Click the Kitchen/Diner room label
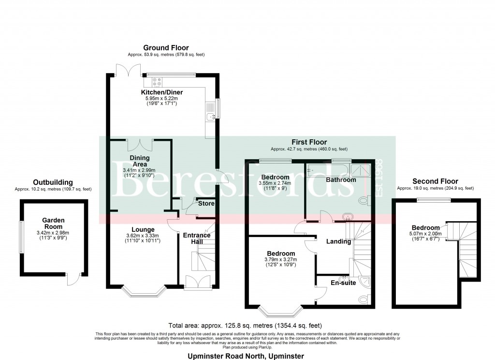click(x=162, y=92)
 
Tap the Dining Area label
click(x=140, y=161)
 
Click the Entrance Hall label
click(x=197, y=239)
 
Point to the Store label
click(x=206, y=204)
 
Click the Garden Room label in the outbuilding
click(x=53, y=223)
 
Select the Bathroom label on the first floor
click(x=341, y=180)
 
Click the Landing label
click(x=339, y=241)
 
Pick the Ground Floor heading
click(x=166, y=47)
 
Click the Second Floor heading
click(x=435, y=181)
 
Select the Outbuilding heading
click(x=53, y=182)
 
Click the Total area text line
click(x=245, y=325)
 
